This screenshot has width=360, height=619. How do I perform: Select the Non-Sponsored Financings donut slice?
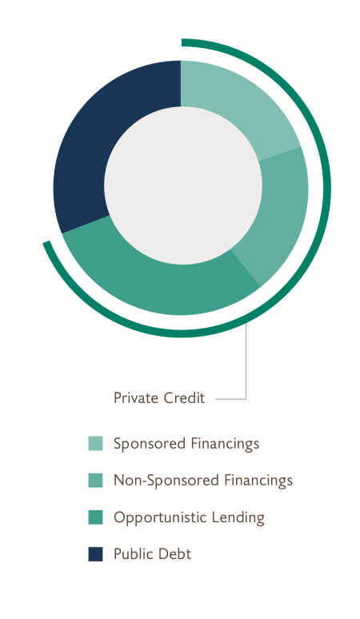click(279, 214)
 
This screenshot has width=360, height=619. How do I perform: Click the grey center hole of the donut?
click(182, 186)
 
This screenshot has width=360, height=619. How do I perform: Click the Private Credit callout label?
click(159, 398)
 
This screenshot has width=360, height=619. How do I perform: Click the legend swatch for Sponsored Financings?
click(95, 443)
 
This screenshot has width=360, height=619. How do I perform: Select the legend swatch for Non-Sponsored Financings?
click(95, 481)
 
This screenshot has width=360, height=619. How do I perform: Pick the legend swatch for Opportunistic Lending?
click(95, 517)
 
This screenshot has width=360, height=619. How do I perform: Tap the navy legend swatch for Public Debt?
click(95, 554)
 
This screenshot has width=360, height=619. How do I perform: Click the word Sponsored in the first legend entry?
click(150, 444)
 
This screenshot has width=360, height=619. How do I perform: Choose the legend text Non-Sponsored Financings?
click(203, 481)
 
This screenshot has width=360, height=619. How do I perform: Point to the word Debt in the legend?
click(176, 554)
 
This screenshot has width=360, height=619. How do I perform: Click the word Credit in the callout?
click(184, 398)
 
